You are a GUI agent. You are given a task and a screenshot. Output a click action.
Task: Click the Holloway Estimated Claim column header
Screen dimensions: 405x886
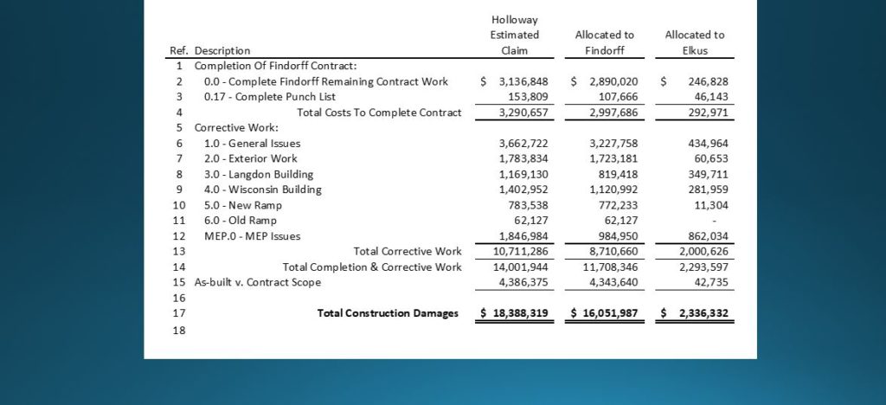[515, 35]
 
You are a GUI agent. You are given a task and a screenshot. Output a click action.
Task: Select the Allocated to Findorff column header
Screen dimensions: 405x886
[604, 42]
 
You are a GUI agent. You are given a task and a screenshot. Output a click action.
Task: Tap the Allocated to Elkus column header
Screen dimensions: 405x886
[694, 42]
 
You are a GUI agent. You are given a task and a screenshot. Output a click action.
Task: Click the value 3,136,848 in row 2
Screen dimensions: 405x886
[523, 81]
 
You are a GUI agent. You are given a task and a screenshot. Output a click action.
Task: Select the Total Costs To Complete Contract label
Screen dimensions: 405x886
[379, 112]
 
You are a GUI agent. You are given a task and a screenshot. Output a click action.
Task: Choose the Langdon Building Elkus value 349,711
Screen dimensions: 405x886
[709, 174]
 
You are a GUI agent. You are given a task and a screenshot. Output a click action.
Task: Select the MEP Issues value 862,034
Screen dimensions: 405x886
[709, 236]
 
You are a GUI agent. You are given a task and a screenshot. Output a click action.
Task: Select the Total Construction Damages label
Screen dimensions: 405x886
[388, 313]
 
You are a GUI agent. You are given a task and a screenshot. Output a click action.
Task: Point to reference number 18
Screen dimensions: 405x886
[179, 330]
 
